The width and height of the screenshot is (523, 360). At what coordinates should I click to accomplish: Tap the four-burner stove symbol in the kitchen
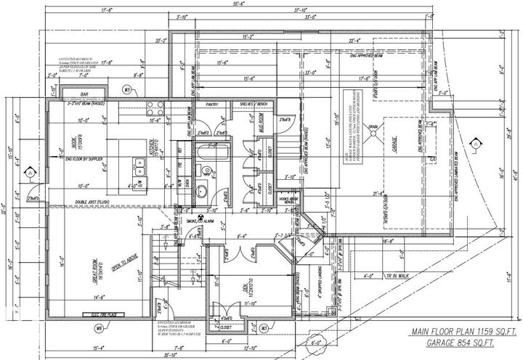pyautogui.click(x=155, y=110)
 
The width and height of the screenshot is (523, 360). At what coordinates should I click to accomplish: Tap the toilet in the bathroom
pyautogui.click(x=205, y=192)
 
